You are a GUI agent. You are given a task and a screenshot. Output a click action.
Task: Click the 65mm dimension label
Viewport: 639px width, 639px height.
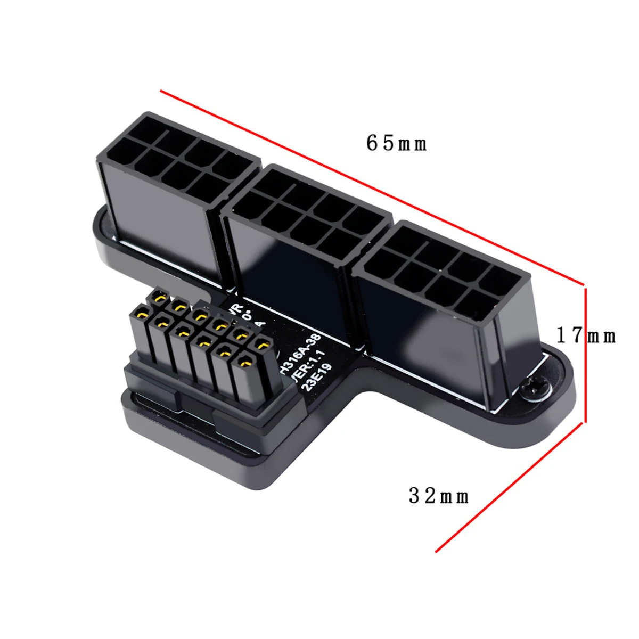tap(396, 143)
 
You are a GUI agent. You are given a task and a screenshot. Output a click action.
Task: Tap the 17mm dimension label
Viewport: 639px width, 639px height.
tap(586, 335)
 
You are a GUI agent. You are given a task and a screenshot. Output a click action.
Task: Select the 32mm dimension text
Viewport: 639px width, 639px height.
tap(439, 496)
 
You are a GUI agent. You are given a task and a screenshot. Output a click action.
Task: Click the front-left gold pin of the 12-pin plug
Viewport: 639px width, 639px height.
tap(141, 314)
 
